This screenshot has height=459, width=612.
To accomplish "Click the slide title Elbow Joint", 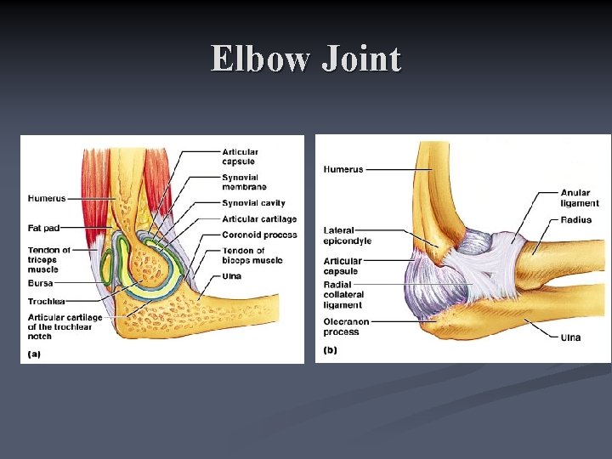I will [x=306, y=59].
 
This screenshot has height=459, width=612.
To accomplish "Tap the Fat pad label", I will [x=43, y=228].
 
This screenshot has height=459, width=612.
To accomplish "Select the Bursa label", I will [x=40, y=282].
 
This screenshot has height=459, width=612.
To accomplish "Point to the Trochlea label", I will [x=45, y=300].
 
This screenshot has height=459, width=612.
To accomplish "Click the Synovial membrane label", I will [x=244, y=182].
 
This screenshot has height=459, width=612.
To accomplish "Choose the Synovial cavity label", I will [x=253, y=203].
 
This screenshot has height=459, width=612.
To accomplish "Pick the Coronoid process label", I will [x=259, y=235].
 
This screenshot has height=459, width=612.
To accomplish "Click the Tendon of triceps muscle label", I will [x=49, y=259].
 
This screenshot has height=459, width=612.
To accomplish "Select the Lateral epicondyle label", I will [x=348, y=235].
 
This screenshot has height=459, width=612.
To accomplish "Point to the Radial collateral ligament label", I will [x=343, y=294].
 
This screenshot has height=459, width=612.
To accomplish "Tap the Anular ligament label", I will [x=580, y=198].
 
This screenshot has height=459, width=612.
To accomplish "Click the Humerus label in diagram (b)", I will [x=343, y=169].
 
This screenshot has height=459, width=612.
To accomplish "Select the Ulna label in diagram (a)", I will [x=232, y=276].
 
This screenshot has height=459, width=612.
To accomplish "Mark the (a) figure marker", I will [x=35, y=353].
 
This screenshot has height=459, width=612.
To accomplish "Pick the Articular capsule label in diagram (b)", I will [x=343, y=266].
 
